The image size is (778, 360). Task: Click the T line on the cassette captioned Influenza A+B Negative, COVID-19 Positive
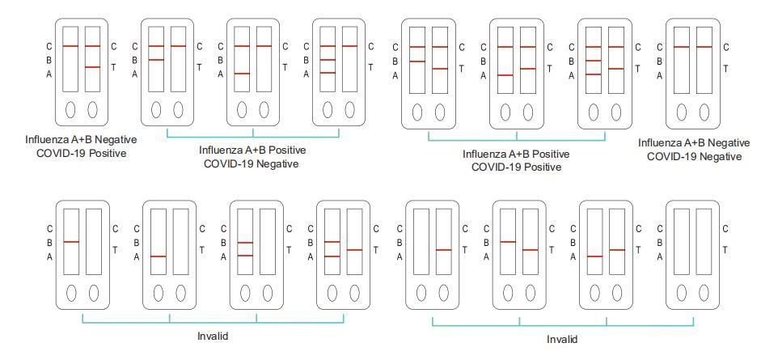92,67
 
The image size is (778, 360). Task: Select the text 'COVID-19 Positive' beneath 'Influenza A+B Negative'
81,153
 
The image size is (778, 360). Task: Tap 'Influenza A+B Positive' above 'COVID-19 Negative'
252,150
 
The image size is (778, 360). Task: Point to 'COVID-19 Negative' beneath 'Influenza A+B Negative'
694,156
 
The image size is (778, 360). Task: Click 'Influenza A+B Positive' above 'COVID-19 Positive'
516,154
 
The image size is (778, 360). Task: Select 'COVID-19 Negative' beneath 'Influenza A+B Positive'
252,163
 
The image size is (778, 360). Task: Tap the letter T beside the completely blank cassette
725,250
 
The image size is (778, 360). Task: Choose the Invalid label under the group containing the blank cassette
562,339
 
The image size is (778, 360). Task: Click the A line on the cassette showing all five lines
594,74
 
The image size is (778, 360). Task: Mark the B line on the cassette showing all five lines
594,61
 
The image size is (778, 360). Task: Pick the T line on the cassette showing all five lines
615,69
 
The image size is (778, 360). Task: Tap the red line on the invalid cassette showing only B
71,242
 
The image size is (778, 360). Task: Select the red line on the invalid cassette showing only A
159,256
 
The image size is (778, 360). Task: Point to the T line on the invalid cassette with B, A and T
354,250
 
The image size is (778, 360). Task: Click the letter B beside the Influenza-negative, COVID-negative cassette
659,61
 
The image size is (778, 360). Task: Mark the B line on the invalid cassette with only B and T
508,242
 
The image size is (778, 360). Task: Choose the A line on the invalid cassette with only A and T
594,256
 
